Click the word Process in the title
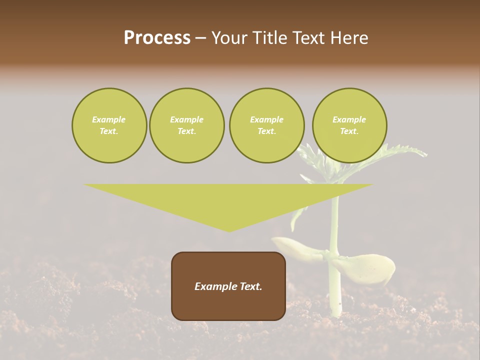pyautogui.click(x=157, y=38)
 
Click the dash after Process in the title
pyautogui.click(x=200, y=39)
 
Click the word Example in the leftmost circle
pyautogui.click(x=109, y=119)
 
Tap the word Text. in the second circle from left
pyautogui.click(x=186, y=131)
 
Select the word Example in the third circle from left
pyautogui.click(x=266, y=119)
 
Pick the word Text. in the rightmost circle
pyautogui.click(x=349, y=131)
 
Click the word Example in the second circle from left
pyautogui.click(x=186, y=119)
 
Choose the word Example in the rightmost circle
pyautogui.click(x=349, y=119)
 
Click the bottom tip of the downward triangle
pyautogui.click(x=229, y=231)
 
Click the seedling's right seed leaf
pyautogui.click(x=367, y=267)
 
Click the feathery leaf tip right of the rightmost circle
pyautogui.click(x=422, y=153)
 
